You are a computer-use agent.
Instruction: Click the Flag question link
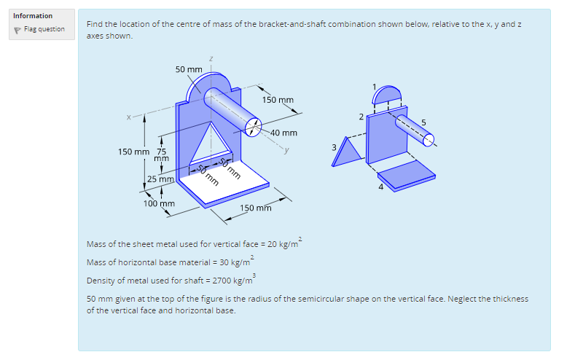point(44,29)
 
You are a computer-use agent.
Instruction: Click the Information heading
point(33,15)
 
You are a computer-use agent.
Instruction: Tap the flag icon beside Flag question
point(17,30)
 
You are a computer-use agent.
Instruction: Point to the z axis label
point(211,58)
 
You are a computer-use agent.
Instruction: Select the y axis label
point(288,152)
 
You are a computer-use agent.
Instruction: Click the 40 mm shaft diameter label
point(283,133)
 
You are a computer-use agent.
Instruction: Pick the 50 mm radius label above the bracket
point(189,69)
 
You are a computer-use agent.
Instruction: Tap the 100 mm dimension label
point(158,203)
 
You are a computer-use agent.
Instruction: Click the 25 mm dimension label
point(160,179)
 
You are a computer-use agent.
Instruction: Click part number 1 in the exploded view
point(374,87)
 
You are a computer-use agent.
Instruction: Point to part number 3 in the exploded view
point(335,147)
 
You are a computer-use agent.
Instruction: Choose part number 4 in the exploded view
point(380,187)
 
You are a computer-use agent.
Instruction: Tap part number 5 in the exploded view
point(423,121)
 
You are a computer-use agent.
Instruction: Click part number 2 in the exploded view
point(360,117)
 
